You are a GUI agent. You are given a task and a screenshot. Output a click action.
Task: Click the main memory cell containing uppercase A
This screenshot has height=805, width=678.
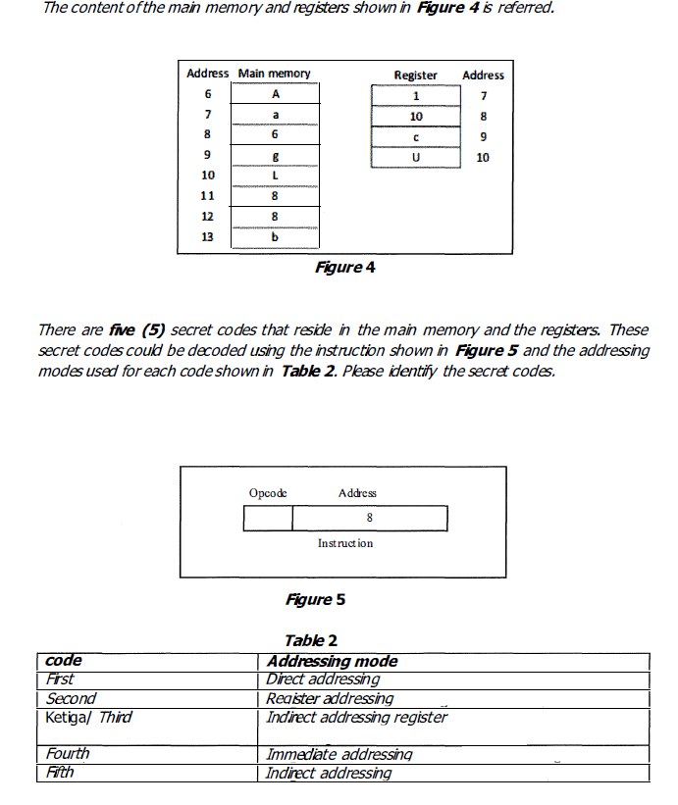(276, 94)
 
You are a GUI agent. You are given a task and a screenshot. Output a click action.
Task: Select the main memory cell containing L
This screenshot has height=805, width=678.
(276, 176)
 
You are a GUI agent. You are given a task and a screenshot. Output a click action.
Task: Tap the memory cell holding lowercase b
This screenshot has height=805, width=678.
(276, 237)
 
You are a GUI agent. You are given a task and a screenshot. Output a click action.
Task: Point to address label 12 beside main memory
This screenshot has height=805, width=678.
(207, 217)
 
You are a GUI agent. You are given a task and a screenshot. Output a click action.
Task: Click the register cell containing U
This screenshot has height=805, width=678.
(415, 157)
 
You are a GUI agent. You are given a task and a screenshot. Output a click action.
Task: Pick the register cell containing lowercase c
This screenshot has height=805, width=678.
(415, 136)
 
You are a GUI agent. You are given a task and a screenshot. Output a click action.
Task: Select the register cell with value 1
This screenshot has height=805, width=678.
(415, 95)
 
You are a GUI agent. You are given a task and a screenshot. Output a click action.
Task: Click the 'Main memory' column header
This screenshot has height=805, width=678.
(274, 74)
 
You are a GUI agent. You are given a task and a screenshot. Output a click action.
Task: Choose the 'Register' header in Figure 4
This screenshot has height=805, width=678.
(415, 75)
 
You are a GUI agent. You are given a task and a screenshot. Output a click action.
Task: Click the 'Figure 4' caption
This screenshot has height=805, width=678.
(344, 267)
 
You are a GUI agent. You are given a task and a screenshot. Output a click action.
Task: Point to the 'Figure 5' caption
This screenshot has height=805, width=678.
(315, 599)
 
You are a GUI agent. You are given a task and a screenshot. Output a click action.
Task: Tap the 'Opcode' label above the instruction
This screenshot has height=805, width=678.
(268, 493)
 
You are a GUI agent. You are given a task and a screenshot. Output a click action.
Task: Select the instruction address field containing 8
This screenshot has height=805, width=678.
(369, 518)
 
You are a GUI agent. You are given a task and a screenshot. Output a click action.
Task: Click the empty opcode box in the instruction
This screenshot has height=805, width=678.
(268, 518)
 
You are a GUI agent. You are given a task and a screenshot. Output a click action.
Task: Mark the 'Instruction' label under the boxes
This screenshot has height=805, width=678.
(344, 542)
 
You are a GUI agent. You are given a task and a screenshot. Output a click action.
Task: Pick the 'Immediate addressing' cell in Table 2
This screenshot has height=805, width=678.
(339, 754)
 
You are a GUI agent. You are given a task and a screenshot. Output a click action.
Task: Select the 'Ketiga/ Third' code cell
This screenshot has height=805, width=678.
(88, 717)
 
